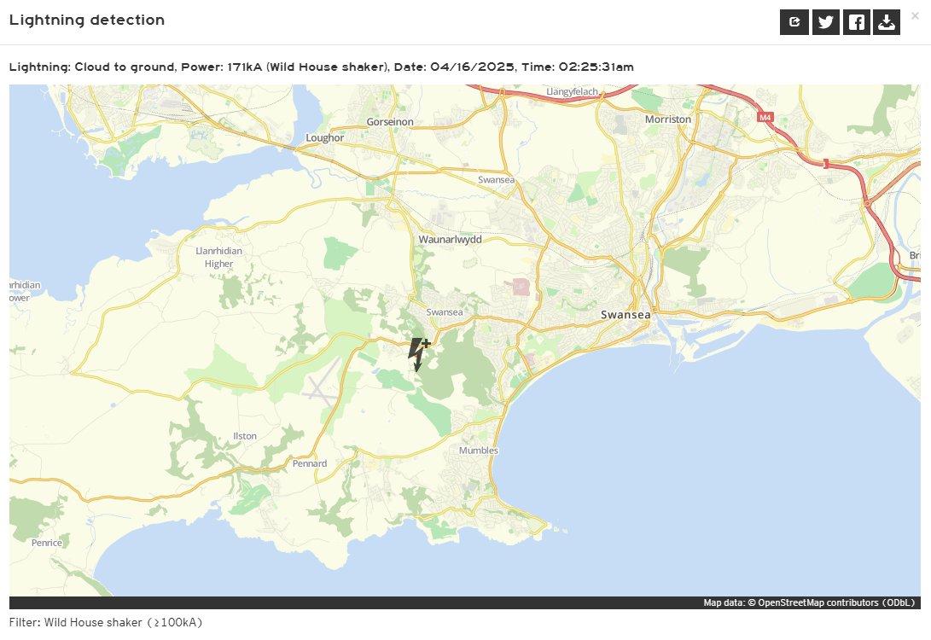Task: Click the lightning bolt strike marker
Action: tap(418, 352)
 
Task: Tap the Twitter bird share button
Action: tap(825, 23)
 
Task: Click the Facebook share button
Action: tap(856, 23)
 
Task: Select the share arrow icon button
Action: tap(794, 23)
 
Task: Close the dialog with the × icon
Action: tap(915, 15)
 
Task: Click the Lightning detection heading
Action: tap(87, 20)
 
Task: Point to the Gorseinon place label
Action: tap(390, 122)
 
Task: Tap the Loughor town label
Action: tap(324, 137)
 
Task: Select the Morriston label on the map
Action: tap(668, 119)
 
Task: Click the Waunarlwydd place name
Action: tap(450, 240)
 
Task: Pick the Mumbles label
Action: tap(478, 451)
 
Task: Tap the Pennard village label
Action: tap(310, 464)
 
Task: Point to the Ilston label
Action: tap(245, 436)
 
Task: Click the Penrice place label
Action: tap(47, 543)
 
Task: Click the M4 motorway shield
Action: tap(764, 118)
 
